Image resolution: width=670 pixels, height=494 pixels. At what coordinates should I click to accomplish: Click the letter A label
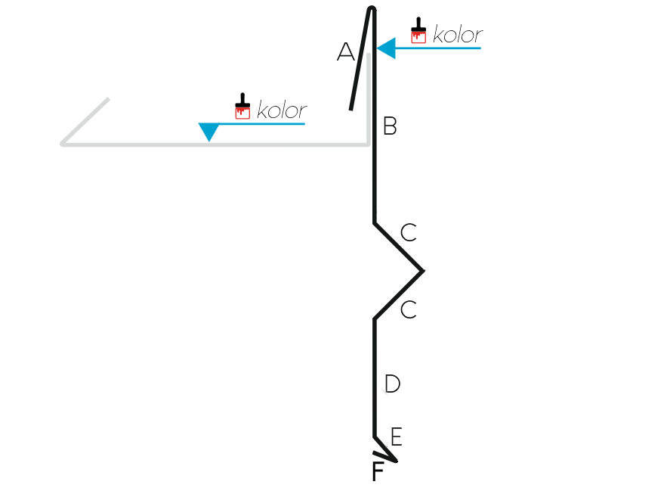(346, 51)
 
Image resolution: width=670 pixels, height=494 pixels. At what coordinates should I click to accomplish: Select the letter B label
(390, 126)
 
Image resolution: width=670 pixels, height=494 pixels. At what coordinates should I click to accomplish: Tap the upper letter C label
(409, 232)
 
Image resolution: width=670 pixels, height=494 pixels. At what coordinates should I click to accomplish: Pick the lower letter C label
(409, 309)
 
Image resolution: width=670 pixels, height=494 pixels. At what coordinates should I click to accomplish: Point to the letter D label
(392, 384)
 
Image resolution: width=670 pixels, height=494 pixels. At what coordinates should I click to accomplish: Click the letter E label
(397, 437)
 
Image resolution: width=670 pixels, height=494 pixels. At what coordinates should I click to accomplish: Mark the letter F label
(378, 471)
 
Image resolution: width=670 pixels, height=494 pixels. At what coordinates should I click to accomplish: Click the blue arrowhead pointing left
(386, 48)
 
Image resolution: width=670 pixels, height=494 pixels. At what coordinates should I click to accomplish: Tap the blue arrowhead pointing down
(209, 132)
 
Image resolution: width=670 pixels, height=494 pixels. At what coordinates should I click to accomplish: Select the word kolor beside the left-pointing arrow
(458, 34)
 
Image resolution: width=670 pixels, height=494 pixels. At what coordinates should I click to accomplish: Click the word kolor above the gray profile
(282, 110)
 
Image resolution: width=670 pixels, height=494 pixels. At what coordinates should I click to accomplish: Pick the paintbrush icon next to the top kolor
(418, 30)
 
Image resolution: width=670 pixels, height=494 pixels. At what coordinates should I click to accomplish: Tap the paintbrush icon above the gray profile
(242, 106)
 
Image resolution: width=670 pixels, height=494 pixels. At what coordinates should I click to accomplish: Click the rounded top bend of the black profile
(372, 8)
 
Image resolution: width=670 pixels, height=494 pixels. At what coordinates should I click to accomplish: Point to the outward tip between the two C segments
(424, 271)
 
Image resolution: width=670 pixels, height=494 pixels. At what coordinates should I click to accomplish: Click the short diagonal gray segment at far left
(85, 121)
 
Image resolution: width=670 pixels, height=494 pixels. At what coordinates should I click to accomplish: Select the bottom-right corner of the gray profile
(369, 144)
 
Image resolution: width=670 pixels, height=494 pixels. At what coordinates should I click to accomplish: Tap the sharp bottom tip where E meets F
(397, 461)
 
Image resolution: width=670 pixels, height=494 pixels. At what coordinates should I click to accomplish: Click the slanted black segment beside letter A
(360, 59)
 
